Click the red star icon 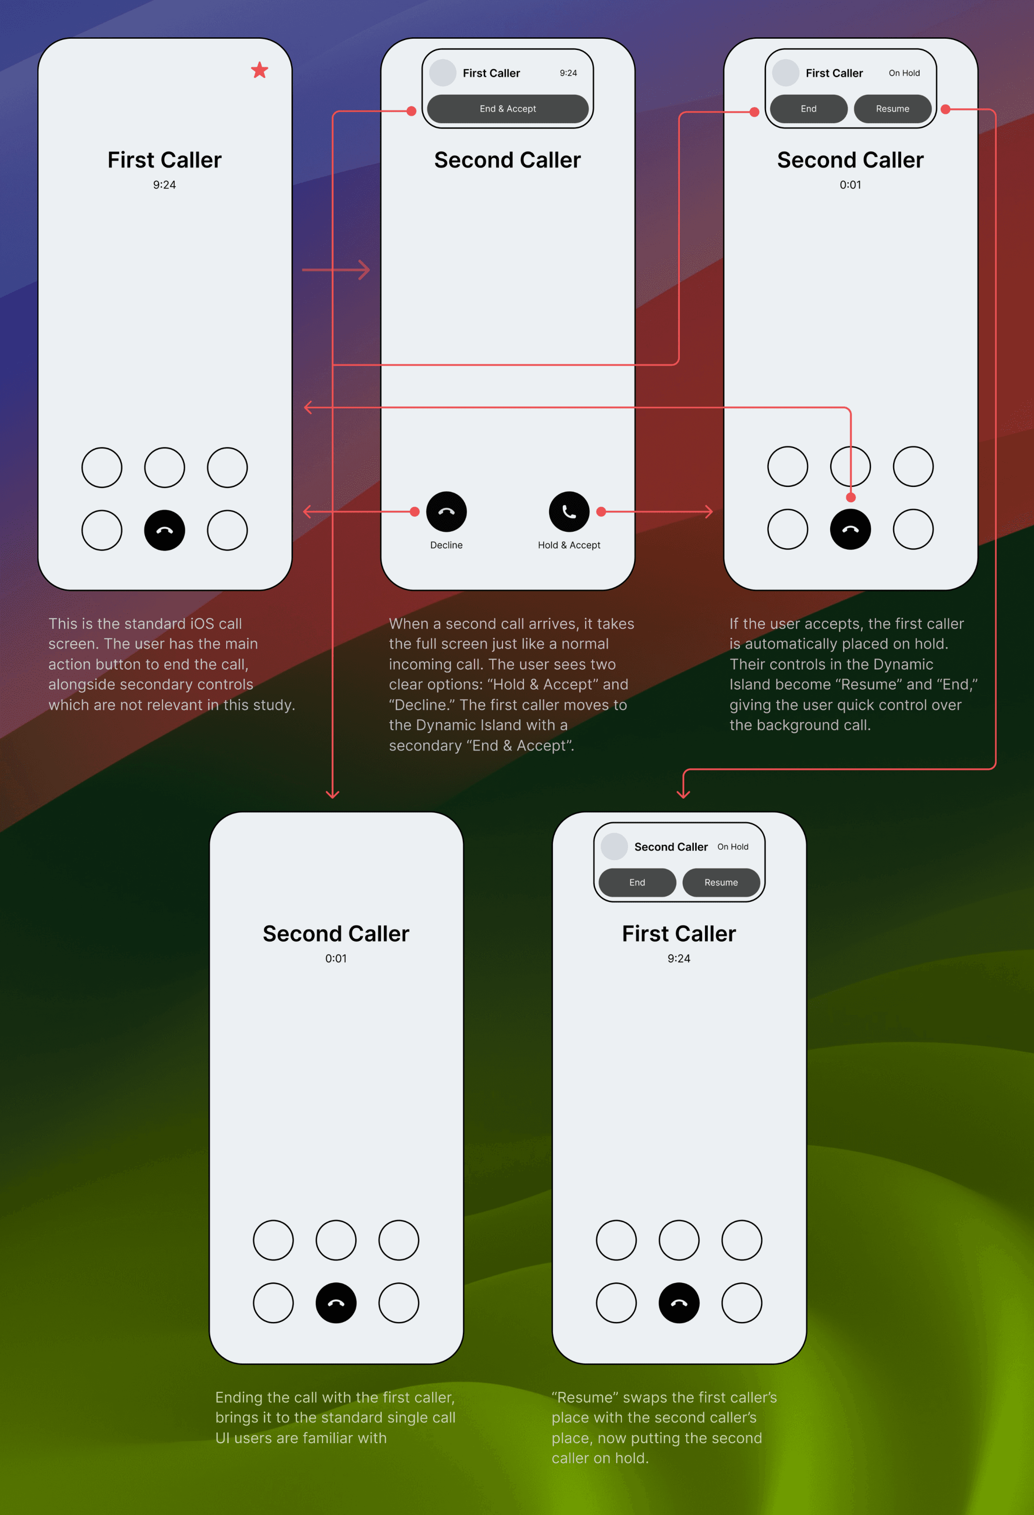point(259,70)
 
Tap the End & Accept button point(508,109)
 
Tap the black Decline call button point(447,512)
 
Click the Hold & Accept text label point(569,545)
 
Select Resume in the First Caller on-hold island point(893,109)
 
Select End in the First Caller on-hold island point(809,109)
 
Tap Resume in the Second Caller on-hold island point(721,883)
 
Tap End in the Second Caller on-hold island point(637,883)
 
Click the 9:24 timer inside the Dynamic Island point(568,73)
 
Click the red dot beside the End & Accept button point(412,111)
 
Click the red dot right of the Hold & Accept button point(601,512)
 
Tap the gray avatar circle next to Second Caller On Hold point(614,847)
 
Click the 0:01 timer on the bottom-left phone point(336,958)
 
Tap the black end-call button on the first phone point(164,530)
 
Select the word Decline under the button point(447,545)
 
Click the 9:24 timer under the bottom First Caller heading point(679,958)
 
